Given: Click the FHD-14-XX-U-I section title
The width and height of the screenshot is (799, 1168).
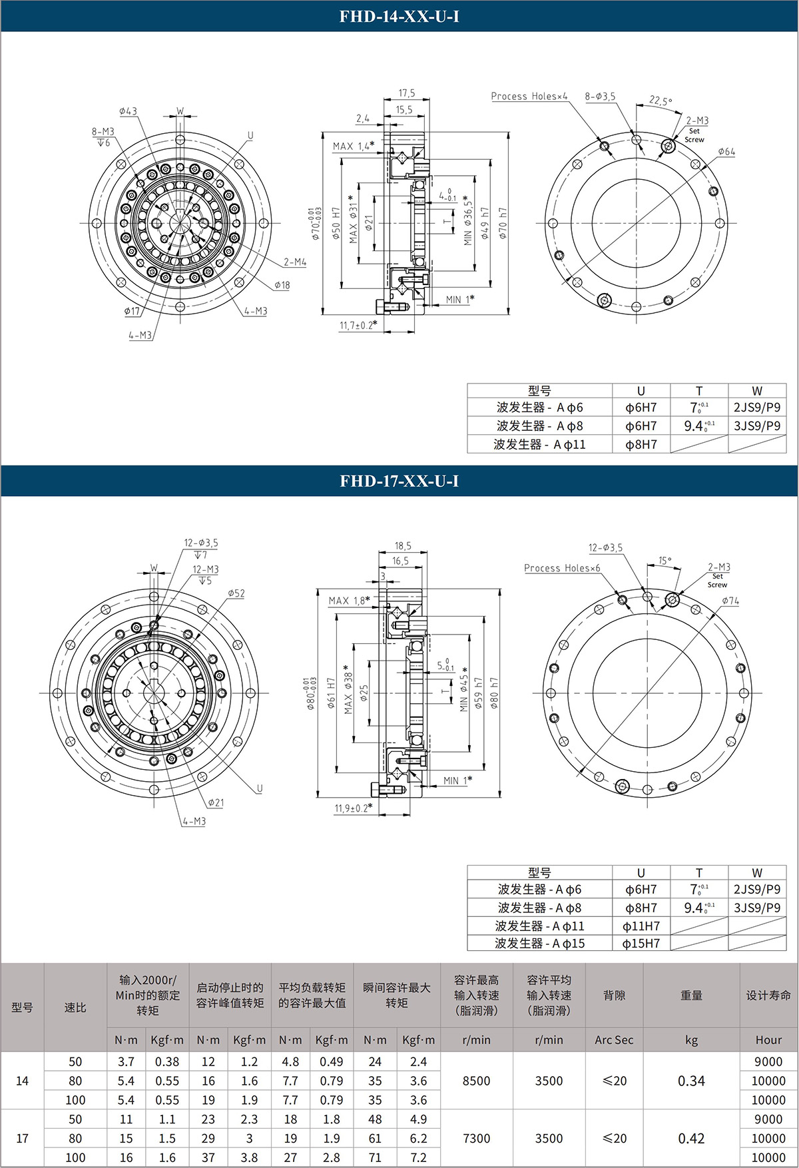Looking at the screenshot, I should (399, 16).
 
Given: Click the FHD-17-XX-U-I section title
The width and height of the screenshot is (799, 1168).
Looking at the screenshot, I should (399, 481).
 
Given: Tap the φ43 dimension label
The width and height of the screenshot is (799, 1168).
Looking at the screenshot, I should (128, 111).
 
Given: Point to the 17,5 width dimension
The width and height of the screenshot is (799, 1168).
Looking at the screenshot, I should (406, 93).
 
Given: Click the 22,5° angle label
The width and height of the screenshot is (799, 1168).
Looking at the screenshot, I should (661, 101).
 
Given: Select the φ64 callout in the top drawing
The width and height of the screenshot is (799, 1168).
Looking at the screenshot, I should (726, 152).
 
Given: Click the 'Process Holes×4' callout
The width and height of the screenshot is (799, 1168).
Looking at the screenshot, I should (529, 97).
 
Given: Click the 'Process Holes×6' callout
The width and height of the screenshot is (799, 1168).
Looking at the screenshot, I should (562, 568).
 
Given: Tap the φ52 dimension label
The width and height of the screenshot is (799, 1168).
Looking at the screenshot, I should (236, 593).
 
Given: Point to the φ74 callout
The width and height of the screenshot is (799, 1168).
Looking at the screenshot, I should (730, 601).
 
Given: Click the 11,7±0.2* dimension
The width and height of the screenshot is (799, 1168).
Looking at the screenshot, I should (358, 326).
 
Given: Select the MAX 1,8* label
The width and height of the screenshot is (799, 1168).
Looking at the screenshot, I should (349, 601).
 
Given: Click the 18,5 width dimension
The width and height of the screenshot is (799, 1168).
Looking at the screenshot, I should (403, 545).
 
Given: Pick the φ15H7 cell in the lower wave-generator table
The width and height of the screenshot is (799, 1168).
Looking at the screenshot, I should (641, 943).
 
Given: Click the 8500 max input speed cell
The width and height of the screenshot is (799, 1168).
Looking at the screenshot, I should (476, 1081).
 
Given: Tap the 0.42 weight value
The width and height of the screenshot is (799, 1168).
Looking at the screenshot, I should (691, 1138).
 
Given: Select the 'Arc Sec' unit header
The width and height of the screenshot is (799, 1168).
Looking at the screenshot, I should (614, 1040).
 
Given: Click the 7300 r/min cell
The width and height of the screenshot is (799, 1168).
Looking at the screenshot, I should (476, 1138).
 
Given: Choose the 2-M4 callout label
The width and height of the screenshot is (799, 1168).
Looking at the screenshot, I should (295, 262).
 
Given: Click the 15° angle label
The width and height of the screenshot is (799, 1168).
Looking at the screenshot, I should (665, 561).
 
